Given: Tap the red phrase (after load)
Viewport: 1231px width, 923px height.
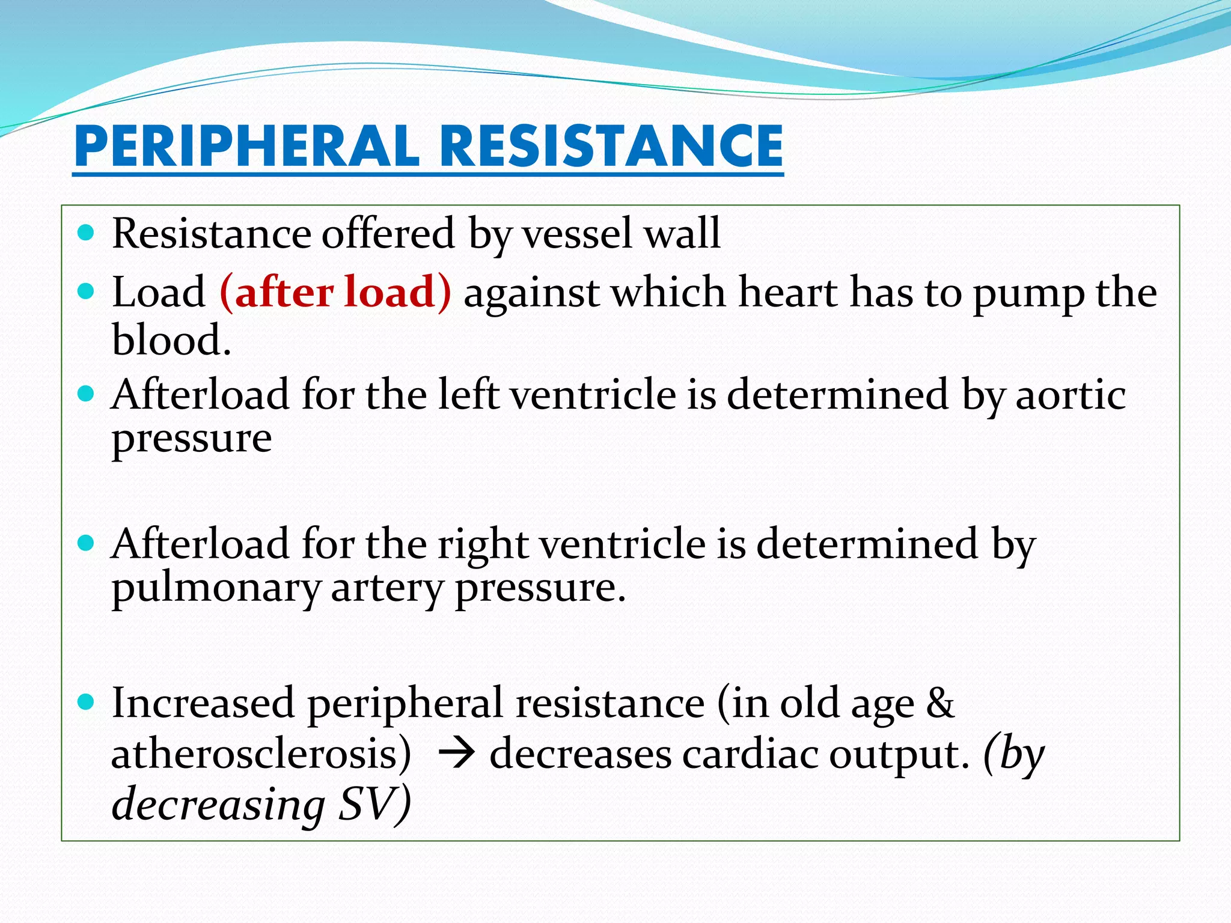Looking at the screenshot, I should pyautogui.click(x=335, y=293).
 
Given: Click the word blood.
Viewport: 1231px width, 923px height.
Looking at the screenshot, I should pyautogui.click(x=171, y=341).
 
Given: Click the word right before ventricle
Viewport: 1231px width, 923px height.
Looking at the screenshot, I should pyautogui.click(x=483, y=544).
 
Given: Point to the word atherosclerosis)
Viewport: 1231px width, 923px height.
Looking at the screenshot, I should pyautogui.click(x=261, y=754).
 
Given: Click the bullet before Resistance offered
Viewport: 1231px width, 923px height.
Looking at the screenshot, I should pyautogui.click(x=87, y=233).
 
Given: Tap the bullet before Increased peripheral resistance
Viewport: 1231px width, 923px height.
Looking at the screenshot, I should pyautogui.click(x=87, y=702).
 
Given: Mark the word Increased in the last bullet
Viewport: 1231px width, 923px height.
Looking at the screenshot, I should pyautogui.click(x=203, y=704).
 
